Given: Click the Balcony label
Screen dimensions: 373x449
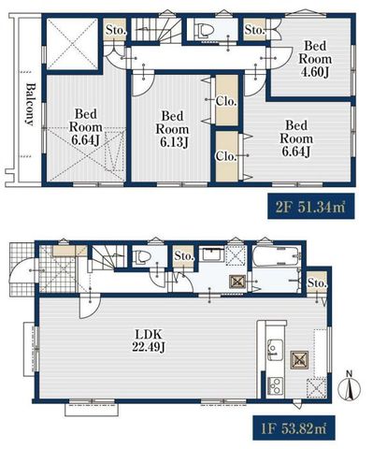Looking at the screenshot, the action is tap(30, 104).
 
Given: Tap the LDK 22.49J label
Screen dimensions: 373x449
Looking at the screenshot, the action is tap(148, 340).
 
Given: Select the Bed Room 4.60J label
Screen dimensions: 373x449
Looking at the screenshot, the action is tap(315, 59).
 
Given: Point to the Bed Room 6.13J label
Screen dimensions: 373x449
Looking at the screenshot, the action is tap(172, 129).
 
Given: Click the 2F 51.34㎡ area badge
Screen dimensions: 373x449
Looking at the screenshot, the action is tap(311, 206).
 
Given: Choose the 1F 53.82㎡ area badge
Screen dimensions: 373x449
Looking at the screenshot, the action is tap(294, 427).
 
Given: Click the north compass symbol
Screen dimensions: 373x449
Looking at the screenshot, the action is tap(350, 386).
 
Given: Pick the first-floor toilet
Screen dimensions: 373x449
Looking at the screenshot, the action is tap(142, 256).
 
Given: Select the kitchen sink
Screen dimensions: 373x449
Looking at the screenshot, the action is tap(275, 350).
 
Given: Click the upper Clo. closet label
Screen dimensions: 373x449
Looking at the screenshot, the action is tap(226, 101).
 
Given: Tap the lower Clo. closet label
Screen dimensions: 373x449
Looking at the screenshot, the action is tap(226, 156).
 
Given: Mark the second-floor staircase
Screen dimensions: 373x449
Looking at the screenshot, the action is tap(156, 29).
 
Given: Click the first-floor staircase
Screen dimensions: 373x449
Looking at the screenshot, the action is tap(109, 256).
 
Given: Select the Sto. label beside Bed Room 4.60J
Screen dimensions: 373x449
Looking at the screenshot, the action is tap(254, 30).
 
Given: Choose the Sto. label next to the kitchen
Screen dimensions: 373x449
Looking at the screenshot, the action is tap(317, 283).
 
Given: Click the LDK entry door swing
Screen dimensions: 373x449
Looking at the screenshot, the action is tap(89, 306).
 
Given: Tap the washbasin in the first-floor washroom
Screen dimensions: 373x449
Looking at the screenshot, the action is tap(213, 255).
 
